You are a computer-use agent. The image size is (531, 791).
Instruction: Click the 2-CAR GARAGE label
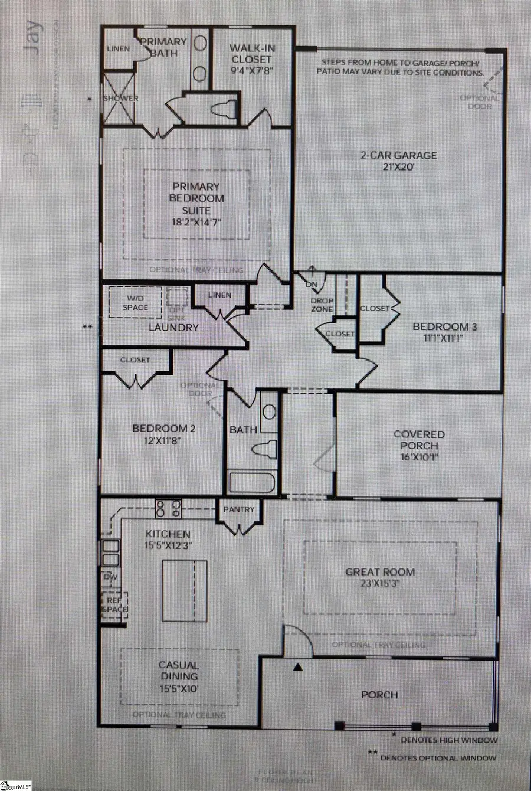click(399, 155)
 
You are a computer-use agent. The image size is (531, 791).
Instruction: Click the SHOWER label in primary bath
click(121, 98)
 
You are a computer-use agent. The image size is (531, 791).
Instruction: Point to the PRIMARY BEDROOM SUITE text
click(196, 198)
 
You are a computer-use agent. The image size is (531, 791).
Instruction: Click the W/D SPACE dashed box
click(136, 303)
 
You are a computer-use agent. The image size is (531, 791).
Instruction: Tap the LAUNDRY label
click(173, 327)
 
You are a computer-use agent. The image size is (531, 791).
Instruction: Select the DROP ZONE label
click(322, 305)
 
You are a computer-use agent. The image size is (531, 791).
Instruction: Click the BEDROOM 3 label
click(445, 326)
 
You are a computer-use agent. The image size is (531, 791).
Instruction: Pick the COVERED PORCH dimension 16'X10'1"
click(419, 457)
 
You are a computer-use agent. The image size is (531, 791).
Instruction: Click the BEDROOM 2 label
click(163, 429)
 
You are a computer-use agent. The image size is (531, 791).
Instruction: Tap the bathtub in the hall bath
click(251, 482)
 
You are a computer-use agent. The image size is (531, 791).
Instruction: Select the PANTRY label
click(239, 509)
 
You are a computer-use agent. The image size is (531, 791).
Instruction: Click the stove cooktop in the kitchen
click(168, 508)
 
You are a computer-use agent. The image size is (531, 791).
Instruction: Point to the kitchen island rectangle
click(184, 591)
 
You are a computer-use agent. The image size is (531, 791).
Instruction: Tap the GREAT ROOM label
click(380, 571)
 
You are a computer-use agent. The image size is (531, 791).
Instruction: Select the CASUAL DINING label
click(179, 671)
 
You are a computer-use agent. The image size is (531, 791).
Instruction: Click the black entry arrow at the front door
click(298, 667)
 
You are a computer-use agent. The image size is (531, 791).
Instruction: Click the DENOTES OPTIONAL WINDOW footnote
click(438, 757)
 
